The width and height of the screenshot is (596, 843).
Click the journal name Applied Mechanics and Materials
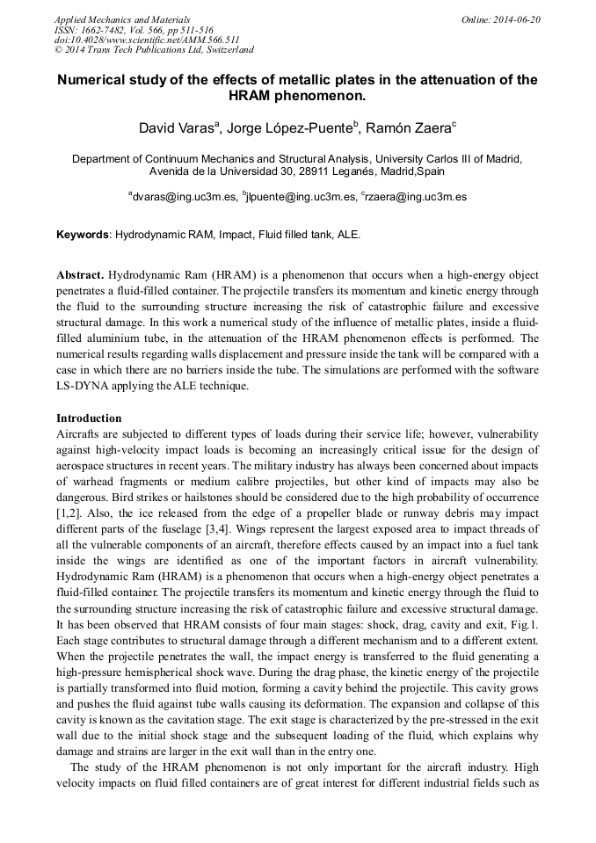pos(121,19)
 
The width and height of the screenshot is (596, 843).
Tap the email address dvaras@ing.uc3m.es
pos(185,198)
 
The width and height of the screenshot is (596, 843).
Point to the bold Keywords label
pos(84,236)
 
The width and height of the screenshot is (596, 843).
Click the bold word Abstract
pos(81,275)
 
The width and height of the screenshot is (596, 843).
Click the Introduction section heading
pos(89,418)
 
